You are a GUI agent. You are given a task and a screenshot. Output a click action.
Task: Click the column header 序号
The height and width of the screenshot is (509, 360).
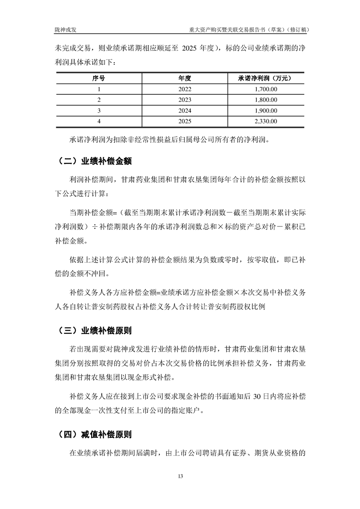(x=99, y=78)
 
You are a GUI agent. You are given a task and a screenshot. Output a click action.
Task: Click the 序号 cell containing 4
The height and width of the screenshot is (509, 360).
(x=99, y=121)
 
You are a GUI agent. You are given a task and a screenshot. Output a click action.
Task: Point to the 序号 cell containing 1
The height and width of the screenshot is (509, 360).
(x=99, y=89)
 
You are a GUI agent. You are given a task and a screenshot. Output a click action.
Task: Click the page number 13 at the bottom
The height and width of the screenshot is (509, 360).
(x=180, y=476)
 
